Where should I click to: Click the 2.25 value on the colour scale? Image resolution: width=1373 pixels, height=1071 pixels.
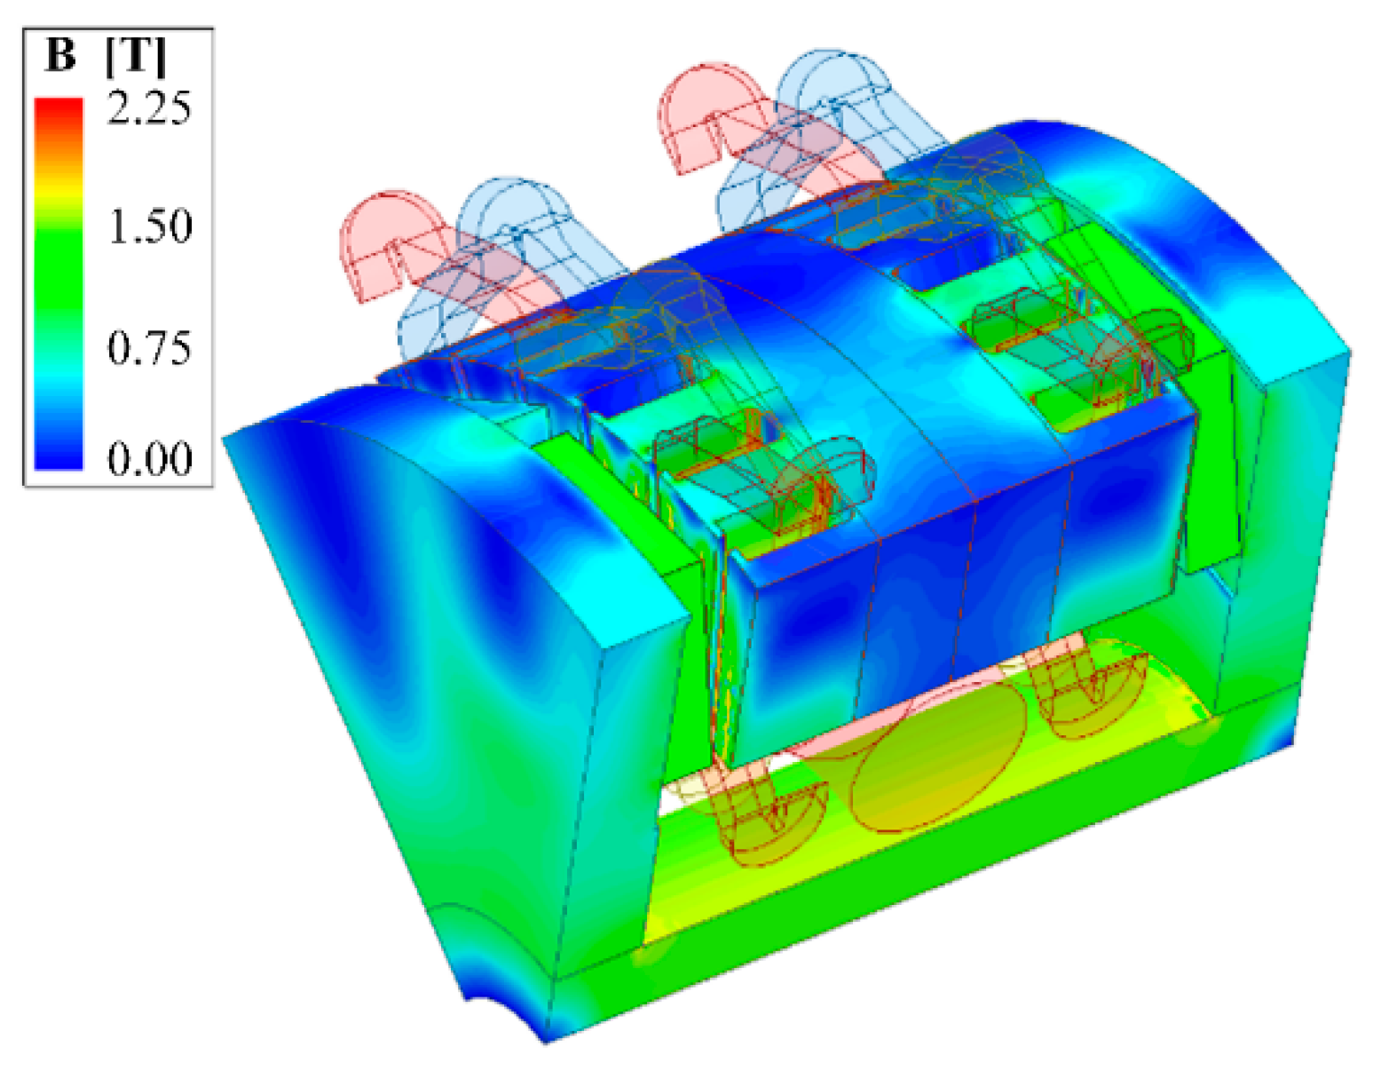pyautogui.click(x=149, y=108)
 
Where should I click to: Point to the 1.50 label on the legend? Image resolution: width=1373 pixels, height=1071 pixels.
pyautogui.click(x=150, y=226)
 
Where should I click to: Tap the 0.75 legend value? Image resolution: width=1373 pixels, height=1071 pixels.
pyautogui.click(x=149, y=347)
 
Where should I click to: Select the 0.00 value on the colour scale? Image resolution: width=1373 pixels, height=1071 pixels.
pyautogui.click(x=150, y=457)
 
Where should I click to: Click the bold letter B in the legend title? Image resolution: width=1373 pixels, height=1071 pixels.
pyautogui.click(x=60, y=55)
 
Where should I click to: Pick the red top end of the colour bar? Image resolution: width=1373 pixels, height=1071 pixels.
pyautogui.click(x=59, y=111)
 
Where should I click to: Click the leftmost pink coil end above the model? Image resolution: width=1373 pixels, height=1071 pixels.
pyautogui.click(x=373, y=247)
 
